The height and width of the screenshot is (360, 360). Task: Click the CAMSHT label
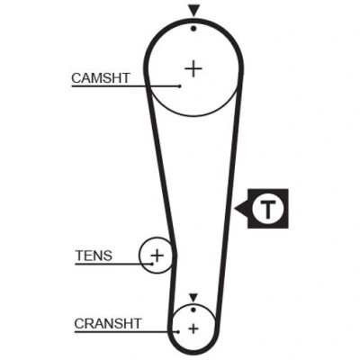click(x=101, y=78)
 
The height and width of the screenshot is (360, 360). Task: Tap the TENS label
click(x=94, y=256)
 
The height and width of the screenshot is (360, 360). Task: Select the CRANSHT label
click(x=108, y=324)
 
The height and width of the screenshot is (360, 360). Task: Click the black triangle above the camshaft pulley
click(x=194, y=12)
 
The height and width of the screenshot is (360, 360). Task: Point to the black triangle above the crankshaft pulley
click(x=193, y=298)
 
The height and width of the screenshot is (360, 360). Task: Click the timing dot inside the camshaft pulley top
click(x=193, y=29)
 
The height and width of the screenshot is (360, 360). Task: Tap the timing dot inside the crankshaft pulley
click(x=193, y=310)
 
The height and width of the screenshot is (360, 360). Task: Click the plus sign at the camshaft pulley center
click(x=193, y=69)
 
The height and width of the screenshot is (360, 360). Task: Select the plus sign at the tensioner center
click(x=157, y=256)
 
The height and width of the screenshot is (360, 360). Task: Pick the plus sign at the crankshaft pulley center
click(x=193, y=328)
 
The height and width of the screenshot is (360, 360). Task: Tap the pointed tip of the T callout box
click(x=235, y=208)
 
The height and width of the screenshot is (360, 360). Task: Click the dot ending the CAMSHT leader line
click(x=180, y=86)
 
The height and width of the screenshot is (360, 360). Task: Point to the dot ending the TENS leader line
click(x=152, y=264)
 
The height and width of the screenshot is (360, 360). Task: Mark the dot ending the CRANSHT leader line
click(x=178, y=332)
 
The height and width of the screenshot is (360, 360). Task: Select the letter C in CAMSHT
click(x=76, y=78)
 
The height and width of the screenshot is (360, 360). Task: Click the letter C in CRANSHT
click(x=79, y=324)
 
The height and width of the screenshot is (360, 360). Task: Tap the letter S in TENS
click(x=107, y=256)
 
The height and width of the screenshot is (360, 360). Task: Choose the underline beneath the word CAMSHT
click(x=125, y=86)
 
